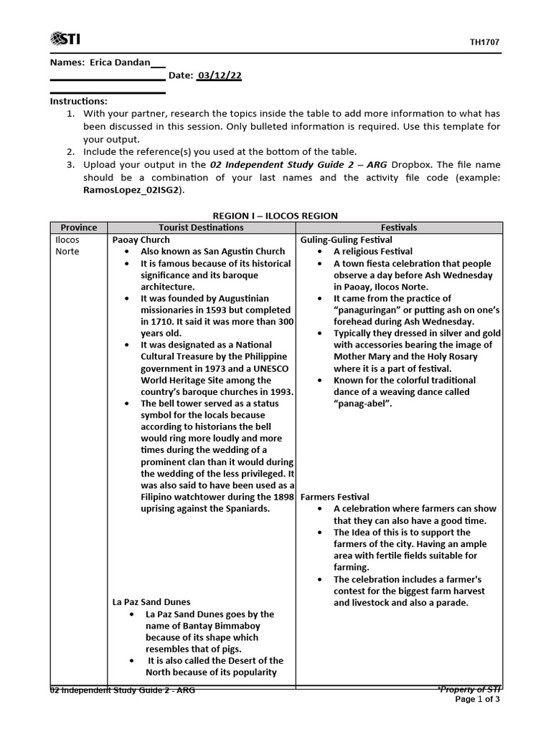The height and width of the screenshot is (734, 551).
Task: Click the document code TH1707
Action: pyautogui.click(x=484, y=42)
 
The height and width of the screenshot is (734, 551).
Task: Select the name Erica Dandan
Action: pyautogui.click(x=117, y=62)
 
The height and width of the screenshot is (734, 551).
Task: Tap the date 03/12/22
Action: pyautogui.click(x=220, y=76)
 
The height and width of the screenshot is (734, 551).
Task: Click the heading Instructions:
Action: pyautogui.click(x=78, y=101)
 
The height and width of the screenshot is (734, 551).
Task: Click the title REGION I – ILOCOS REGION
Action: pyautogui.click(x=275, y=216)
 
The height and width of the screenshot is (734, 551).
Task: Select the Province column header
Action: pyautogui.click(x=78, y=227)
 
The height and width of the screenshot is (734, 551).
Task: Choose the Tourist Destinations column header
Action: pyautogui.click(x=201, y=227)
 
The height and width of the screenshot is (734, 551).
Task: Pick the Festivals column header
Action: pyautogui.click(x=399, y=227)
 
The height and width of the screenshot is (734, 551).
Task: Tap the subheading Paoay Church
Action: pyautogui.click(x=141, y=239)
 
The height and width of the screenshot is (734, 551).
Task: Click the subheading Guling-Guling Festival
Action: pyautogui.click(x=347, y=239)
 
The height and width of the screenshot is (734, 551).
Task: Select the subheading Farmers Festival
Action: pyautogui.click(x=335, y=497)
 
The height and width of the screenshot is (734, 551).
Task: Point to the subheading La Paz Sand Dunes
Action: pyautogui.click(x=151, y=602)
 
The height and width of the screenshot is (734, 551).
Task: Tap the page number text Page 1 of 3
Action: pyautogui.click(x=478, y=700)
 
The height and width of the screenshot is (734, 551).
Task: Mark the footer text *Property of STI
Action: pyautogui.click(x=468, y=690)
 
